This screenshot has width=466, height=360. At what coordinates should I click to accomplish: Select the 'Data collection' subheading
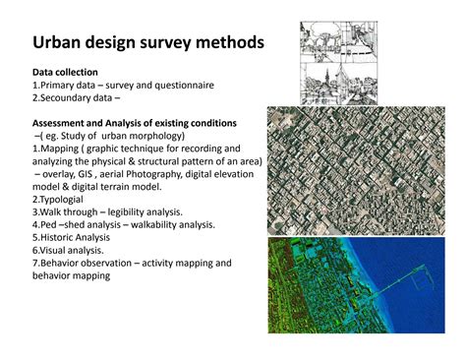65,73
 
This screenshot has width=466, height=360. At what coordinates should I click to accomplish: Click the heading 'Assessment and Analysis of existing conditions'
134,123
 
